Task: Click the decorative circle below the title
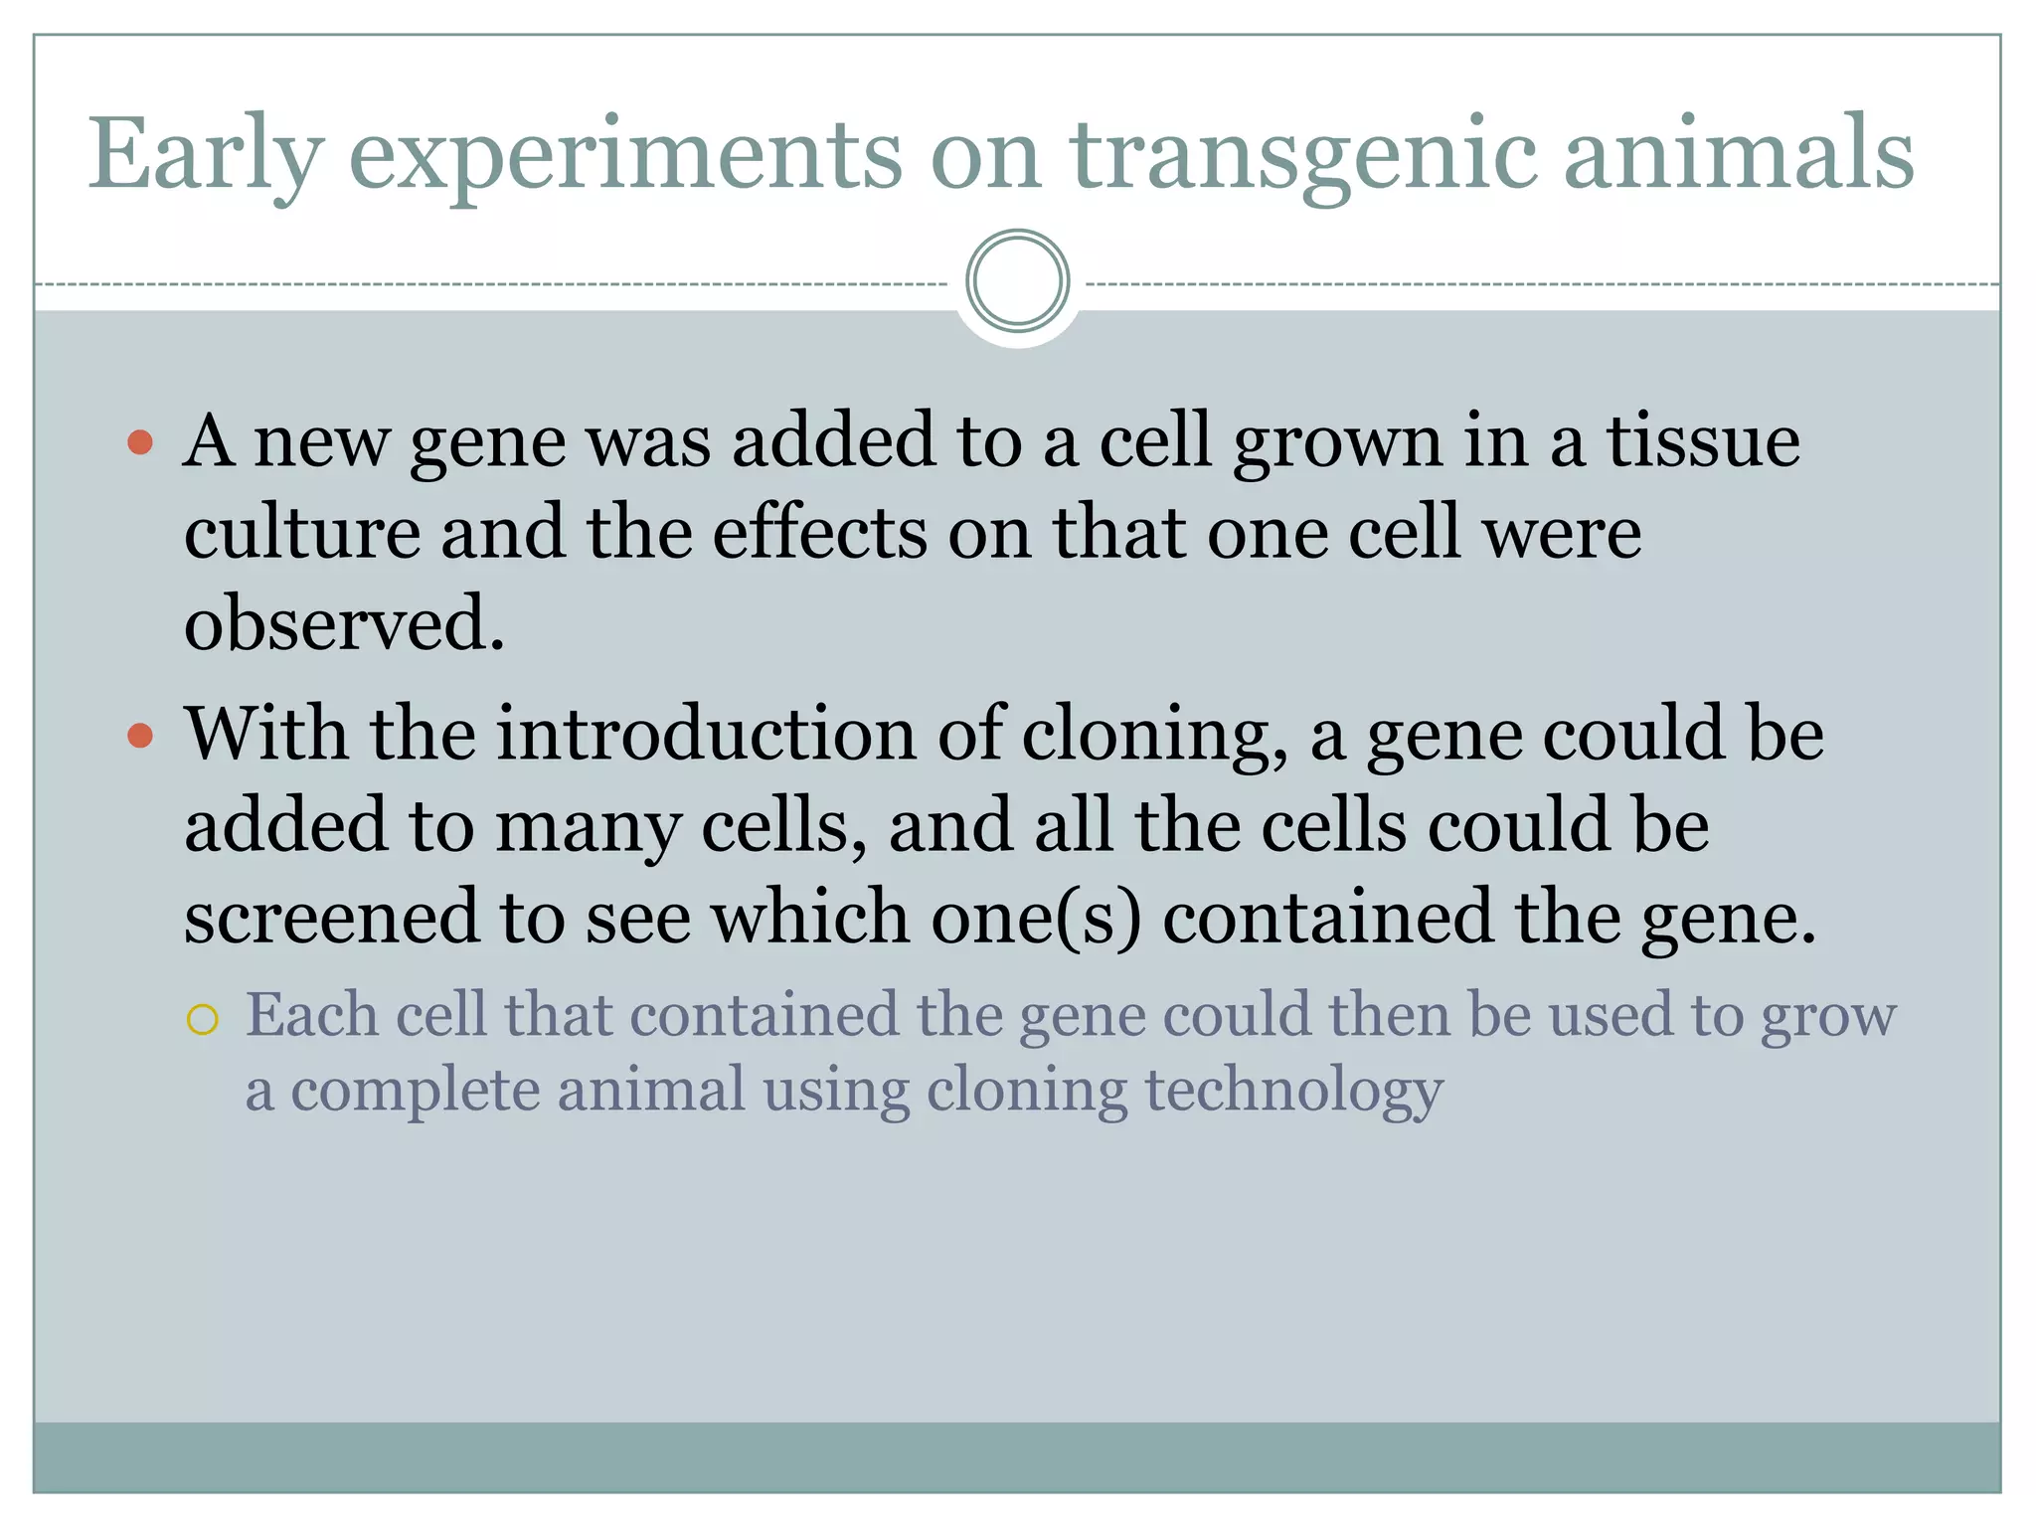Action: click(x=1017, y=281)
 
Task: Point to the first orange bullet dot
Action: click(x=141, y=441)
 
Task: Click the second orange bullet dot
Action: click(x=141, y=736)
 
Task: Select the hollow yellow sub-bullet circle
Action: click(x=202, y=1020)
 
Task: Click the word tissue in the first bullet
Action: click(x=1703, y=440)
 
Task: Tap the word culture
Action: click(x=302, y=533)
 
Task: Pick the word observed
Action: click(x=344, y=624)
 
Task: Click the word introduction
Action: click(x=706, y=735)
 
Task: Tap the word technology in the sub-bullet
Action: click(x=1294, y=1090)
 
